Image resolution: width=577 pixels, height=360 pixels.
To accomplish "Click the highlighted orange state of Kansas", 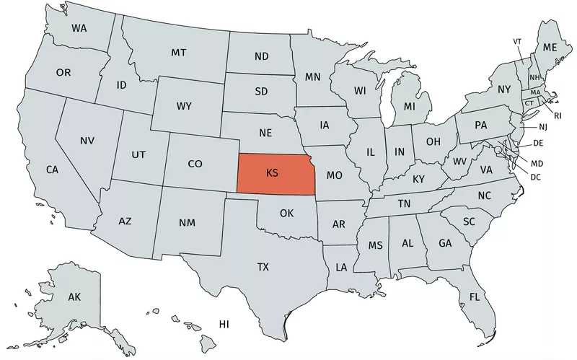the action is (x=273, y=175).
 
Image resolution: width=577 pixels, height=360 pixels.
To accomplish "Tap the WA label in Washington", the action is (x=80, y=28).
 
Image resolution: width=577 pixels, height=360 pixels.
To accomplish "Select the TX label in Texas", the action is (x=263, y=267).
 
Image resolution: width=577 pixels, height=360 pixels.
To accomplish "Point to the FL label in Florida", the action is (x=475, y=297).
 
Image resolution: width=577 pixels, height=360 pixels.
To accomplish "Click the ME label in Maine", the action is (x=550, y=47).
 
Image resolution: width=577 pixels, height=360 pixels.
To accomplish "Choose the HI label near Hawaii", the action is (x=224, y=324).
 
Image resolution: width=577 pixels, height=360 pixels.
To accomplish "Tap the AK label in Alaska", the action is (x=74, y=297).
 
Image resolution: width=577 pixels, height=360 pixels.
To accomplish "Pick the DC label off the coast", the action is (x=536, y=177).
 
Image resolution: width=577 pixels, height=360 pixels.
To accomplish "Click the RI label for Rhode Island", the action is (x=558, y=115).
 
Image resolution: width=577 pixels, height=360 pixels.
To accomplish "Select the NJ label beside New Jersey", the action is (x=543, y=127).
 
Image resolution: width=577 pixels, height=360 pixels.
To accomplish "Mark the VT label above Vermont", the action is (x=517, y=41).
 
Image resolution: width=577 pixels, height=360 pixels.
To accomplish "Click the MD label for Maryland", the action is (x=537, y=164).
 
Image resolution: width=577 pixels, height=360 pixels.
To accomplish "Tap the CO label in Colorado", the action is (x=195, y=164).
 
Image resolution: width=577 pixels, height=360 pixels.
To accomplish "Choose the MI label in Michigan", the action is (x=409, y=107).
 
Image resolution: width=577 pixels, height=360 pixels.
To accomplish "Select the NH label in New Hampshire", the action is (x=534, y=77).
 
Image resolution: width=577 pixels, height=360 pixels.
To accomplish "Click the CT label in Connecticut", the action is (x=529, y=103).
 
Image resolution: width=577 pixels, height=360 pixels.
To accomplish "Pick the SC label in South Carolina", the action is (x=469, y=221).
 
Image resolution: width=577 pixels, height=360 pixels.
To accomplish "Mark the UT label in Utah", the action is (x=138, y=154).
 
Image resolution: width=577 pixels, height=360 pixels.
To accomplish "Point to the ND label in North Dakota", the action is (x=261, y=56).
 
